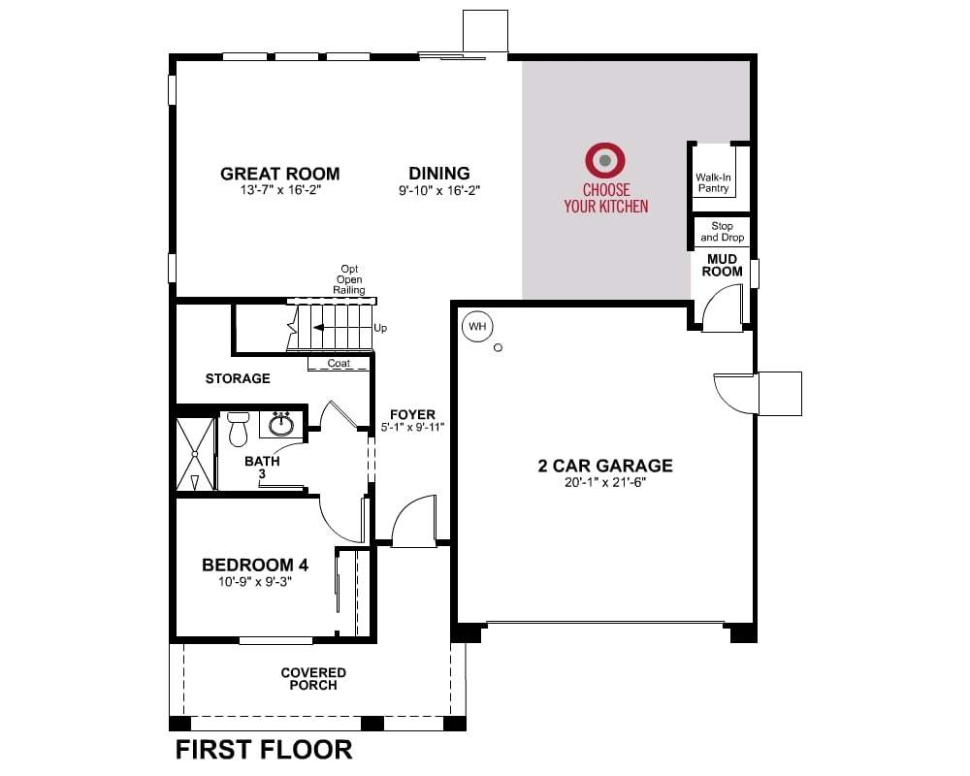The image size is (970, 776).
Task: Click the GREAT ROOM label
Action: click(279, 174)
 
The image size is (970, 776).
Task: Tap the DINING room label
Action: click(439, 174)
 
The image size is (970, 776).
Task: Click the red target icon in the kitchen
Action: click(605, 160)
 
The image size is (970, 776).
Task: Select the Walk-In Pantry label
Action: click(713, 182)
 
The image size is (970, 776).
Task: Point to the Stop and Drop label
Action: click(722, 232)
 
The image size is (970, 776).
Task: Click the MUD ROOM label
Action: click(722, 265)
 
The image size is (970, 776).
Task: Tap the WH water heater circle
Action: click(477, 326)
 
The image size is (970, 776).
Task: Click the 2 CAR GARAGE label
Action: click(605, 466)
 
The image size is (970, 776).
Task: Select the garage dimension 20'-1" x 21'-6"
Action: click(605, 483)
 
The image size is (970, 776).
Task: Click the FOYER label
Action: click(412, 414)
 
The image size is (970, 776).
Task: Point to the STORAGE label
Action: click(238, 378)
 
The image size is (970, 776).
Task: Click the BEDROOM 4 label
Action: click(255, 565)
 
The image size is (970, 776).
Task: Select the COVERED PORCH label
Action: click(313, 679)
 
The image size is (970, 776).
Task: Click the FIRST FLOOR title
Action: click(264, 750)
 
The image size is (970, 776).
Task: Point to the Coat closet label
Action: click(339, 363)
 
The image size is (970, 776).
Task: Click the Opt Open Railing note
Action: click(349, 279)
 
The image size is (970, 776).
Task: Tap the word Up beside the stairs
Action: click(380, 328)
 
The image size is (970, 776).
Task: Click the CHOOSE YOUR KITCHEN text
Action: click(606, 198)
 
